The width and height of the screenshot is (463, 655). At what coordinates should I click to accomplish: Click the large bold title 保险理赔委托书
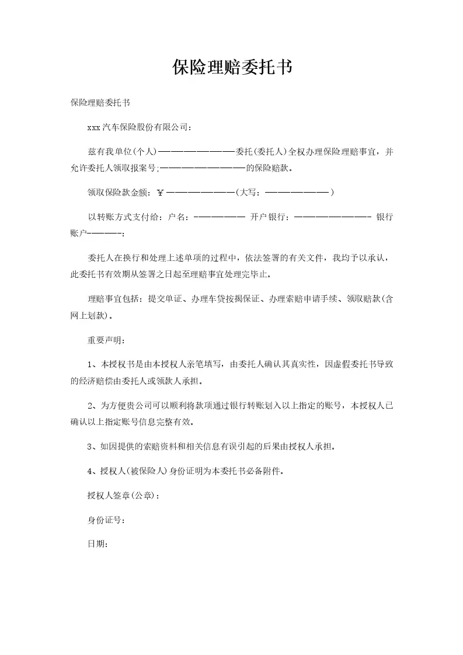pos(232,68)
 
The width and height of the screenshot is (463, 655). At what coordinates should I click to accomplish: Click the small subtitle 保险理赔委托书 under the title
pos(100,103)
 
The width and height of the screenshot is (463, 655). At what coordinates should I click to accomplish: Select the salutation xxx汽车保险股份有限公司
pos(139,126)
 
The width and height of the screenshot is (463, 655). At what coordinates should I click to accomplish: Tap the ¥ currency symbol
pos(161,191)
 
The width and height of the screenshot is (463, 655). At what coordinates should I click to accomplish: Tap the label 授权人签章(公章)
pos(122,496)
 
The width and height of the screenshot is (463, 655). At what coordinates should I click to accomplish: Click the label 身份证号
pos(106,520)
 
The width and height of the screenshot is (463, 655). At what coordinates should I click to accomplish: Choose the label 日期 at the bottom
pos(97,543)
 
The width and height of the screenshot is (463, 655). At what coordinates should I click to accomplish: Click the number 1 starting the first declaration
pos(90,365)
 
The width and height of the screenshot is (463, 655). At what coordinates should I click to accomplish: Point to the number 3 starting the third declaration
pos(90,447)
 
